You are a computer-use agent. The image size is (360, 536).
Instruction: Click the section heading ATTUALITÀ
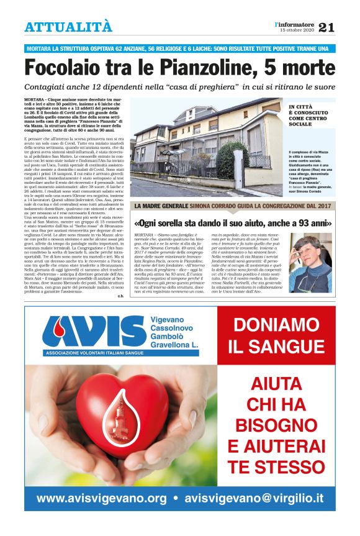coord(69,27)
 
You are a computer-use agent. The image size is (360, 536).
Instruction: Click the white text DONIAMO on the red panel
coord(275,325)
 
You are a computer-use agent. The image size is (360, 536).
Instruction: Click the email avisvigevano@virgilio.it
coord(254,498)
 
